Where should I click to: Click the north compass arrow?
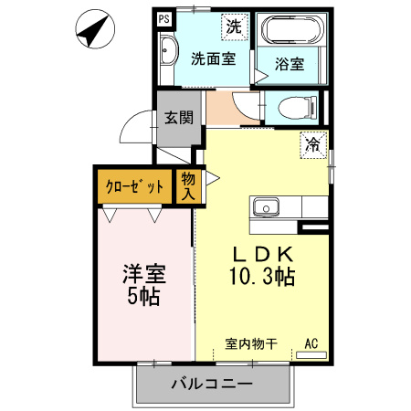90,32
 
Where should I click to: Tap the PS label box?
164,17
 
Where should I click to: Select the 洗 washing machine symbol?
235,26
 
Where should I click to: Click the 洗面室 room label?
212,58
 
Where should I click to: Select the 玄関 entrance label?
179,117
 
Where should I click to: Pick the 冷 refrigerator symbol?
313,143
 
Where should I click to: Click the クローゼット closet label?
135,186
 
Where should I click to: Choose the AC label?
311,344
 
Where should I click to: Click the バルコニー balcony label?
212,385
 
